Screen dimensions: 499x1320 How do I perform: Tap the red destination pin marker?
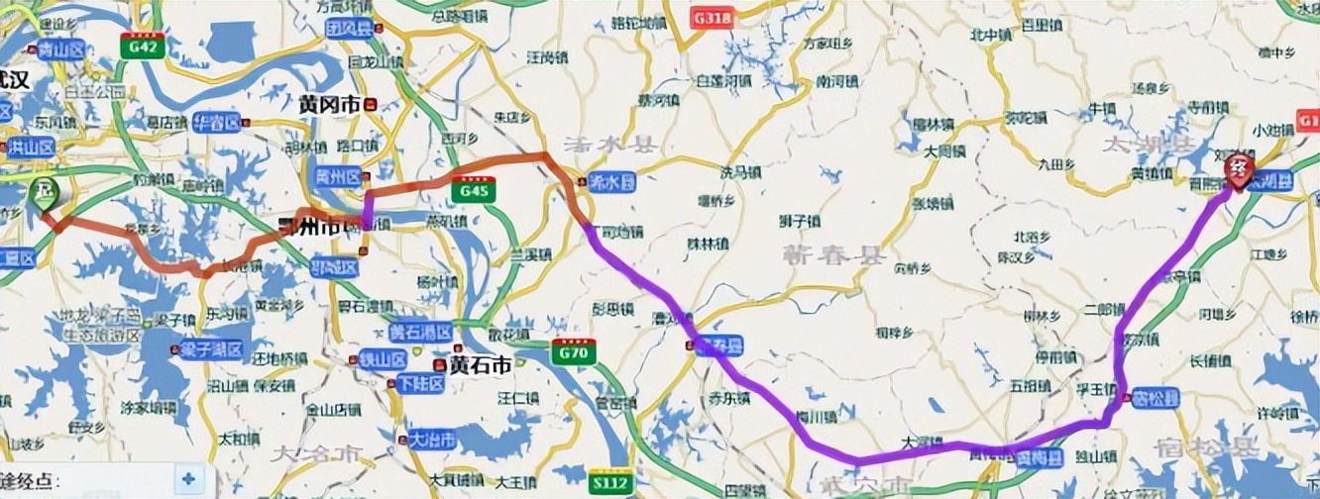click(x=1238, y=170)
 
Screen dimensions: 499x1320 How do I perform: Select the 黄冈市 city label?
click(x=330, y=104)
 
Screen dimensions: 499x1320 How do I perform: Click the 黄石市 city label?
click(x=481, y=364)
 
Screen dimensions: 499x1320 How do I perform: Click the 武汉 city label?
click(x=15, y=81)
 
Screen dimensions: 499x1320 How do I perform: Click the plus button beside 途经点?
click(x=188, y=479)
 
